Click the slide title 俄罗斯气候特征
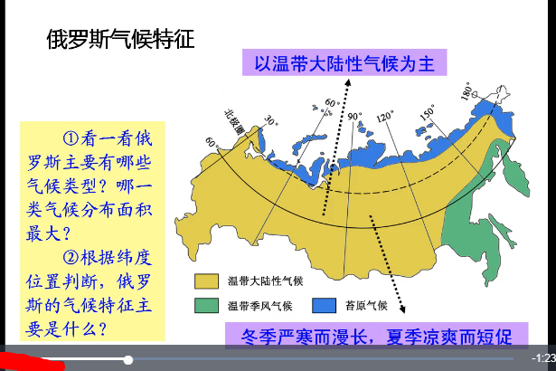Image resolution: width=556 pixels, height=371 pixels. tap(120, 40)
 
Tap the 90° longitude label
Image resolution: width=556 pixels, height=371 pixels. tap(354, 116)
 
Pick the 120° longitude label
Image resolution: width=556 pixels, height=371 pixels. tap(384, 117)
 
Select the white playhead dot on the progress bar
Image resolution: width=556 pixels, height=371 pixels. tap(128, 360)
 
